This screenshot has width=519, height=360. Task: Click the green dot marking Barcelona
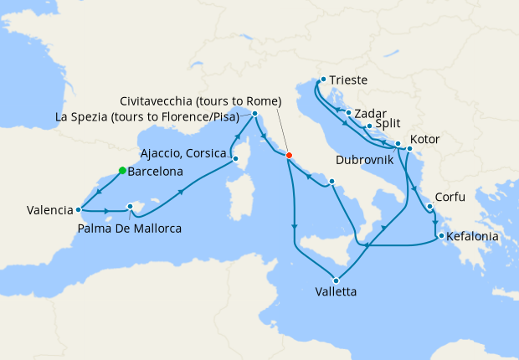pos(122,171)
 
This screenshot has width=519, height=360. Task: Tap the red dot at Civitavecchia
pos(289,155)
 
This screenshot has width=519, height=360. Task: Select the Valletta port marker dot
pos(337,280)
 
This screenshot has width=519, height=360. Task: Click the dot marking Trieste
pos(322,80)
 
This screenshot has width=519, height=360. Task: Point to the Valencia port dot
pos(78,209)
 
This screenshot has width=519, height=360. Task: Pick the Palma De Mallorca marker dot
pos(130,206)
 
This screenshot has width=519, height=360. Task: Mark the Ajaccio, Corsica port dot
pos(235,157)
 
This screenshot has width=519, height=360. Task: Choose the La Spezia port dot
pos(254,112)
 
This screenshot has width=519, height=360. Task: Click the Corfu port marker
pos(429,206)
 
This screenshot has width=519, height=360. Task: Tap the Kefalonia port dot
pos(440,235)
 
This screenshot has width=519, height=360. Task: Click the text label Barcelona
pos(156,172)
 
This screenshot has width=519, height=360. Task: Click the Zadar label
pos(369,112)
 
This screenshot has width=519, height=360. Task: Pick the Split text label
pos(388,125)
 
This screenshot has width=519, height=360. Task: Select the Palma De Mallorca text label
pos(129,228)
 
